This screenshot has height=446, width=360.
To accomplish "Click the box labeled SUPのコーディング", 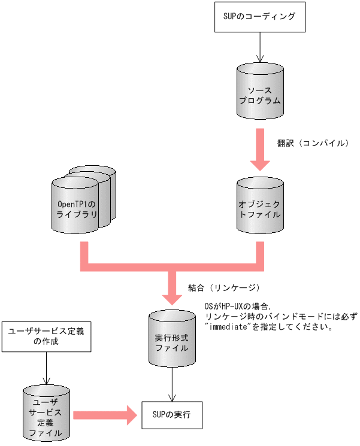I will pos(260,17).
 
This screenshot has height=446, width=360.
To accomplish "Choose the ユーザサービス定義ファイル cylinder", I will pos(47,413).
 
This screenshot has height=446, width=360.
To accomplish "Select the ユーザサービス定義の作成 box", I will pos(47,337).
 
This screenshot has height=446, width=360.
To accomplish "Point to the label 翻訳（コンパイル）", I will pos(312,144).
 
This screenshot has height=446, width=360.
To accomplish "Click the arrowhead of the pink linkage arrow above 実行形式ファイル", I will pos(173,296).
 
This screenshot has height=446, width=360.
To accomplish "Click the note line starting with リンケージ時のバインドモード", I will pos(280,317).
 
